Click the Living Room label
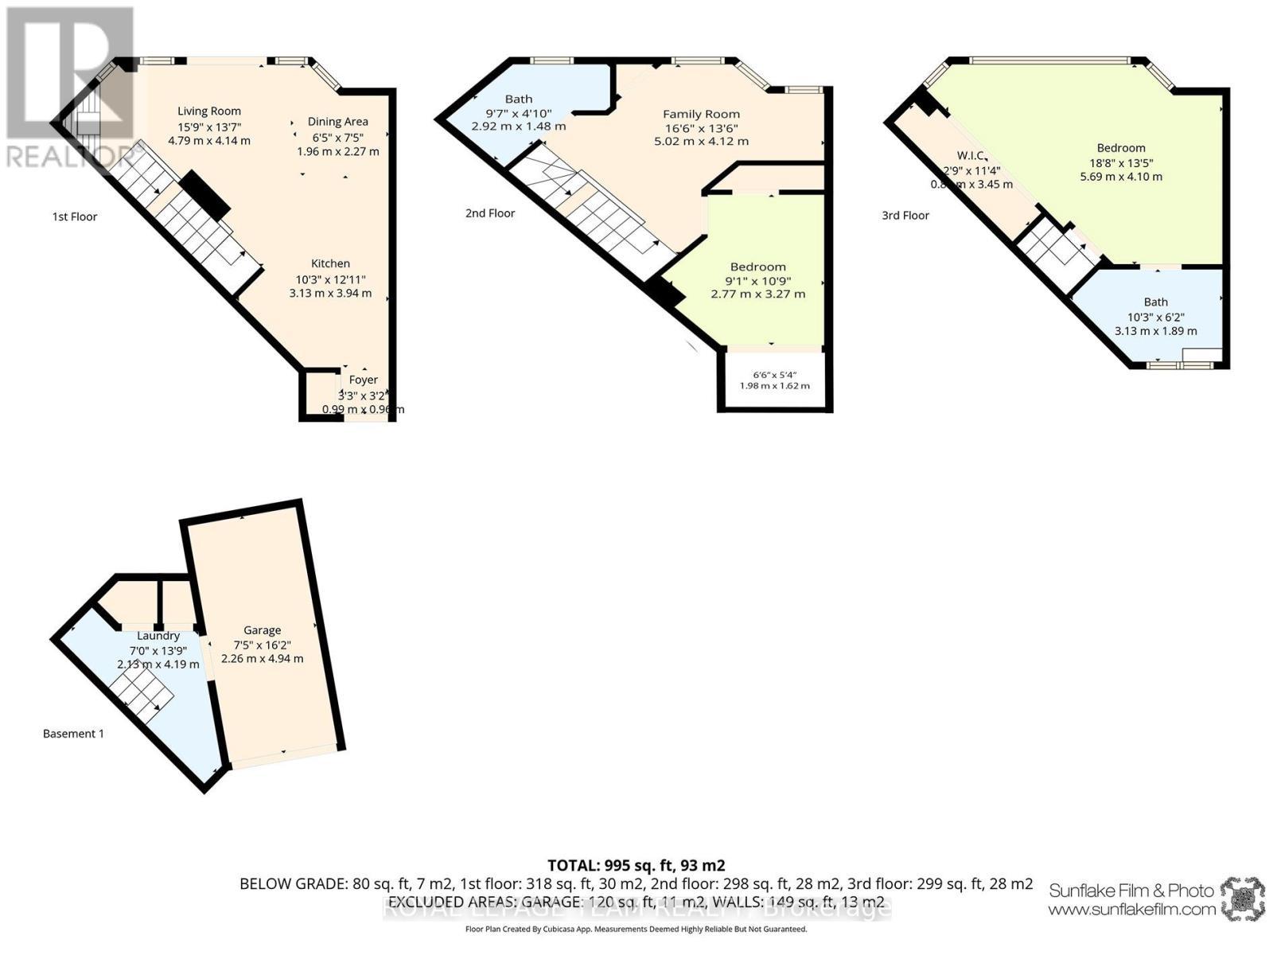coord(208,111)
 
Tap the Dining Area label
coord(337,122)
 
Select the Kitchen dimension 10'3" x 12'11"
coord(330,279)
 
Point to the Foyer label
coord(363,380)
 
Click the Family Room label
coord(701,115)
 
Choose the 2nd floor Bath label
coord(519,99)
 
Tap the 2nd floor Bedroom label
coord(757,267)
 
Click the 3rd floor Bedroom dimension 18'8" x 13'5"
coord(1121,162)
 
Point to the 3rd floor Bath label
coord(1155,302)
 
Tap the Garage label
coord(262,630)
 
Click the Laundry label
coord(158,636)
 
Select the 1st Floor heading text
coord(75,216)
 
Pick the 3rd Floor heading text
coord(905,216)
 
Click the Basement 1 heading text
coord(73,734)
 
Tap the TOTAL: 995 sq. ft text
coord(636,865)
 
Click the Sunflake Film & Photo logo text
coord(1131,891)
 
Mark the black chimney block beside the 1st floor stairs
coord(204,196)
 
